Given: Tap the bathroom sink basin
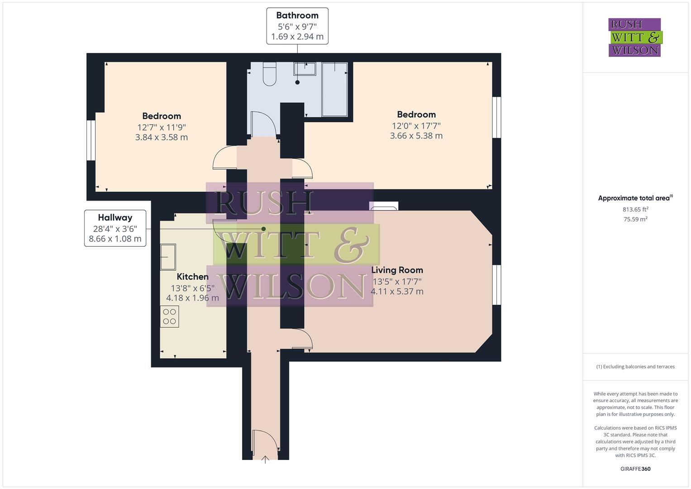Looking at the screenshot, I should pos(305,69).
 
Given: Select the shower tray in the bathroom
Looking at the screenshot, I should pos(334,90).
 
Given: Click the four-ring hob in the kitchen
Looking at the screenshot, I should pos(170,316).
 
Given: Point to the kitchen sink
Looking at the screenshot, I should pos(168,257).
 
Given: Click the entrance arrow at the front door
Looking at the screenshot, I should pos(265,460).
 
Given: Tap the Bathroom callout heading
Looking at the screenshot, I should pos(297,15).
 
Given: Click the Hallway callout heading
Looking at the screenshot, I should pos(115,217).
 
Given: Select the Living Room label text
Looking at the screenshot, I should pos(397,270).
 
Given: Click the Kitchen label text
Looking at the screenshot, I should pos(192,277).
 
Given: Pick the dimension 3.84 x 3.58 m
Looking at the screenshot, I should pos(162,137).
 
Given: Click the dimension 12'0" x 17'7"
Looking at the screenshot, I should pos(416,125).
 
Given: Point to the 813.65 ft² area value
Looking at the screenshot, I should pos(635,209).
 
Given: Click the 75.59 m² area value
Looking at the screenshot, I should pos(635,219).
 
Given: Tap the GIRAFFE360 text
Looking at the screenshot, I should pos(635,469).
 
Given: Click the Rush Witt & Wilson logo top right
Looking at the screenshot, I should pos(634,37).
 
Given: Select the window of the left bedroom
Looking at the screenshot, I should pos(91,140).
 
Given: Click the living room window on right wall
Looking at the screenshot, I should pos(496,285).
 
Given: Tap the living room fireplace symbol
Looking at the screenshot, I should pos(384,206).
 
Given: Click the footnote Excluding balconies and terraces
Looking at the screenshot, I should pos(635,367).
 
